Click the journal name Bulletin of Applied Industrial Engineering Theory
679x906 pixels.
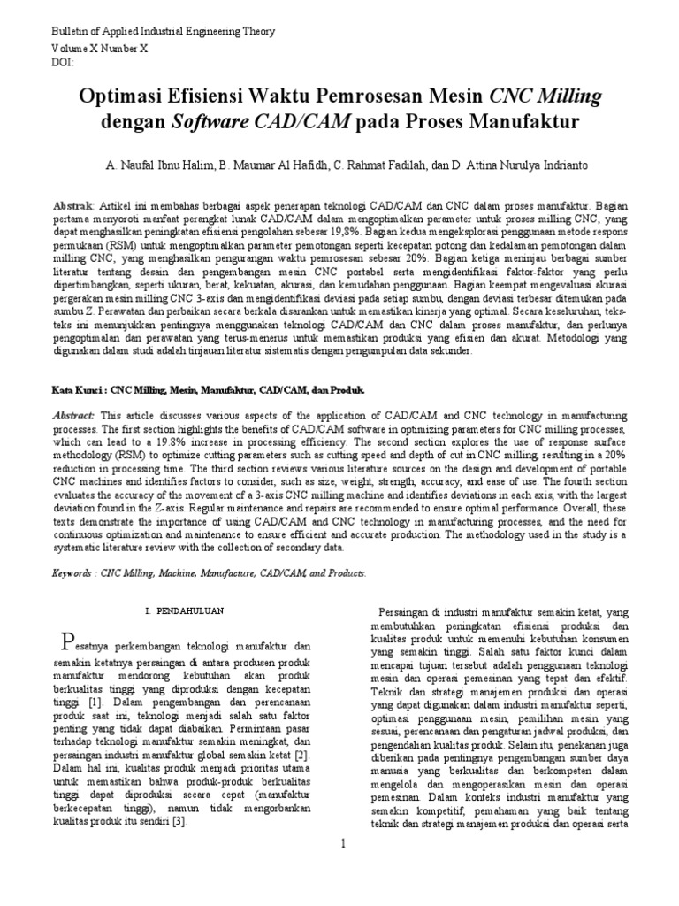(x=164, y=32)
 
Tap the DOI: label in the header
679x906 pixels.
(x=65, y=63)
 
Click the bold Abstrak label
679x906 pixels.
(x=75, y=203)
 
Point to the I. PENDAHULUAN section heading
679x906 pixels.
(x=184, y=611)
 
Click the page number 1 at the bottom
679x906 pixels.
(x=343, y=846)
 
